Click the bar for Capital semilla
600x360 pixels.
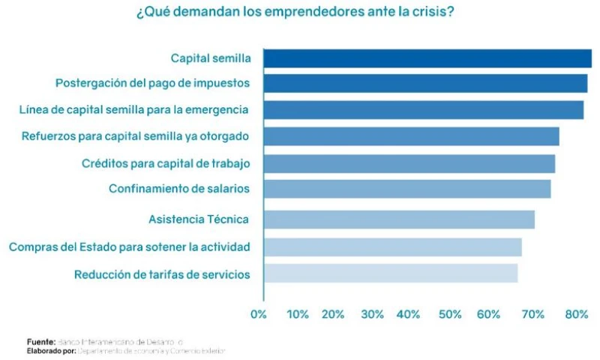click(427, 58)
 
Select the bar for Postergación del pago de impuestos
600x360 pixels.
click(425, 83)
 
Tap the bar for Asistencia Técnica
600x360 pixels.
click(399, 219)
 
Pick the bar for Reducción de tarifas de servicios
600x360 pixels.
click(391, 274)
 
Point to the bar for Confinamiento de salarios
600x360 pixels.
click(407, 188)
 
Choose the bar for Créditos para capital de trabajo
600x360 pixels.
click(409, 163)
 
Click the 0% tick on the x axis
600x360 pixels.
click(259, 314)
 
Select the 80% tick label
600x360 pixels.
click(576, 314)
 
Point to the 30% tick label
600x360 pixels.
click(372, 314)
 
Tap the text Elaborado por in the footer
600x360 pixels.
click(52, 350)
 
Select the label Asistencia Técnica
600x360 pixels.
click(199, 219)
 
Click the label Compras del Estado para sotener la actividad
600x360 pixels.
click(130, 247)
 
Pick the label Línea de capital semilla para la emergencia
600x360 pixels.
click(133, 109)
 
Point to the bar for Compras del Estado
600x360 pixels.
click(392, 247)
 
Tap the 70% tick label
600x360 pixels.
click(534, 314)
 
